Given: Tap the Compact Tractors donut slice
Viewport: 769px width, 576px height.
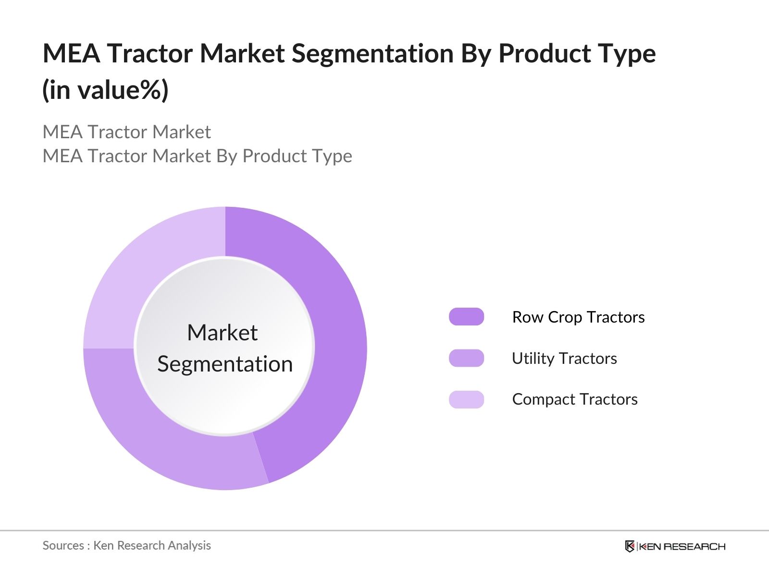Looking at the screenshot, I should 144,269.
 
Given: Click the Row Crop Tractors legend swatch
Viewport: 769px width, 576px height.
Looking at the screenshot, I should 466,317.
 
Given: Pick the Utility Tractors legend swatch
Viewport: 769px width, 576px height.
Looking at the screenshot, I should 466,358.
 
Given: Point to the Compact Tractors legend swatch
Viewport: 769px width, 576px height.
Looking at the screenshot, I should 466,399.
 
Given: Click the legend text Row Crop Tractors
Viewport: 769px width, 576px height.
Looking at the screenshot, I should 578,317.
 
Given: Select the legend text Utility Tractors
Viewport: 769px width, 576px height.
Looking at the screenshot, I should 564,359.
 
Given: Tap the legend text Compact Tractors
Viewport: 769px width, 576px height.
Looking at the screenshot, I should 575,399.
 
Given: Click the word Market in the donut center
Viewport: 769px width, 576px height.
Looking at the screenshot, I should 222,333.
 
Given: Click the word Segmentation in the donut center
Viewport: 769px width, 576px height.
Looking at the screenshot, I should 225,364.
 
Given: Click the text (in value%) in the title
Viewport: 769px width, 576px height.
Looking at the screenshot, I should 105,90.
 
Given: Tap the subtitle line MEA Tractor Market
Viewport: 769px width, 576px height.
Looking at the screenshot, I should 126,132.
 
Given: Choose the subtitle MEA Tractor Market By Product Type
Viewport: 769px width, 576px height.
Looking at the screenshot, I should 197,156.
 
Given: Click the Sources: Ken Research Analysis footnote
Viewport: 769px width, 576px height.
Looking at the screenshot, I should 126,545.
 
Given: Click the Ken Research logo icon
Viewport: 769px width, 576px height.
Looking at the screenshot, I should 630,546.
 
